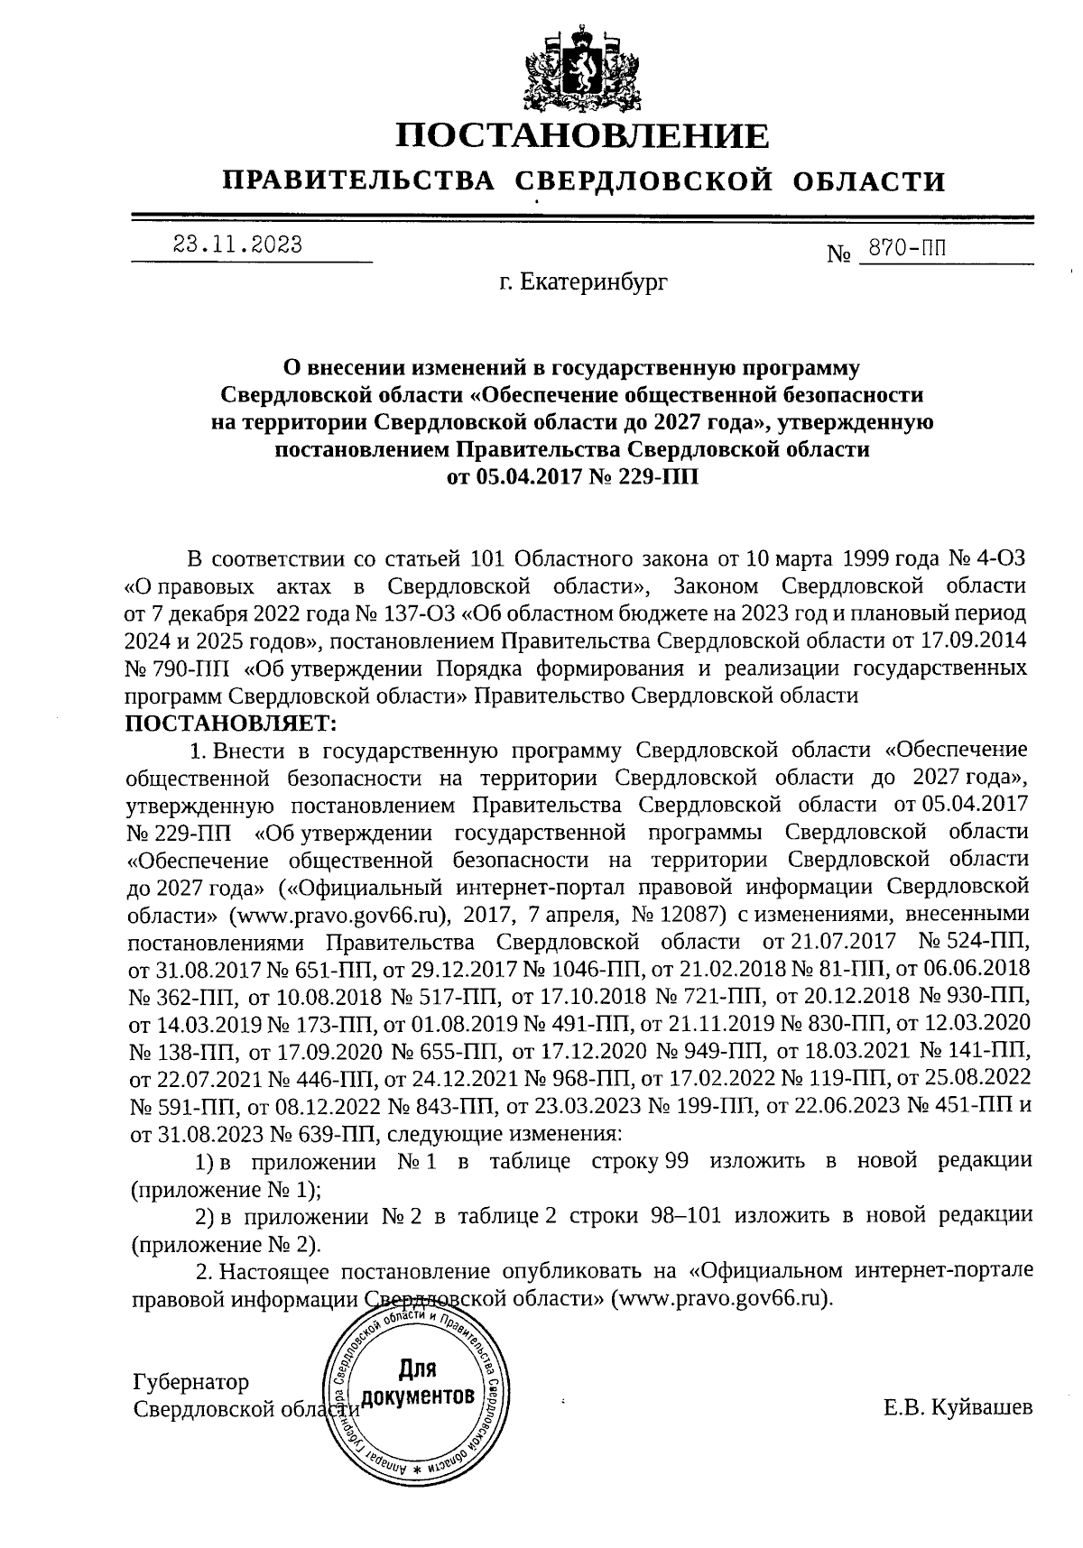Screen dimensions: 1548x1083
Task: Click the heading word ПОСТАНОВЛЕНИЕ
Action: click(x=583, y=136)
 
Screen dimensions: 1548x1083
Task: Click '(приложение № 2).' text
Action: click(x=227, y=1244)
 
